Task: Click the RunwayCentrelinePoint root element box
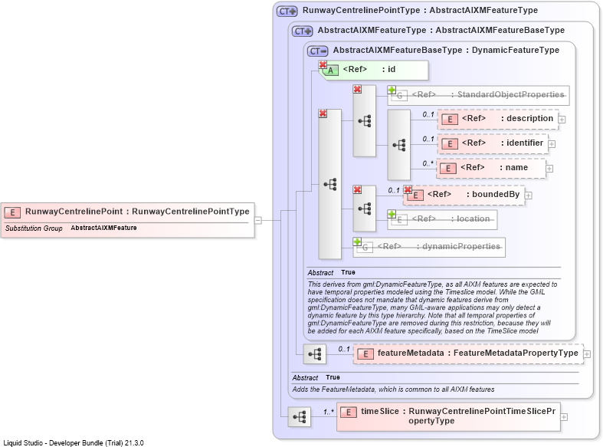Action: tap(128, 220)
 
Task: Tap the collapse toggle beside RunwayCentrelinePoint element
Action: tap(258, 220)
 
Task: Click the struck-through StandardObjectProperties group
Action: tap(478, 95)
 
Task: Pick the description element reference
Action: tap(498, 120)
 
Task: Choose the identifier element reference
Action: tap(493, 144)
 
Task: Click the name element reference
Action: tap(491, 169)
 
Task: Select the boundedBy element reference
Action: tap(464, 195)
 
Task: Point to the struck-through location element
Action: tap(442, 219)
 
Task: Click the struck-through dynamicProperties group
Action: tap(429, 247)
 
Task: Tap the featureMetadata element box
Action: tap(468, 354)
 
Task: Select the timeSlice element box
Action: tap(448, 416)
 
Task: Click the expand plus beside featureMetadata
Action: tap(587, 354)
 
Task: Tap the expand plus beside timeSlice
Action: tap(564, 417)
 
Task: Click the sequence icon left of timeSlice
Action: tap(299, 416)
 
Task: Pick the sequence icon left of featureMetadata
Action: tap(315, 354)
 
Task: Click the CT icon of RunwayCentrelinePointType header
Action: tap(287, 12)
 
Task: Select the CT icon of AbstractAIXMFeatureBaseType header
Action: tap(318, 51)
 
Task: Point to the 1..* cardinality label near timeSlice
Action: tap(329, 412)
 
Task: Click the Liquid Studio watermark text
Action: tap(74, 442)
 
